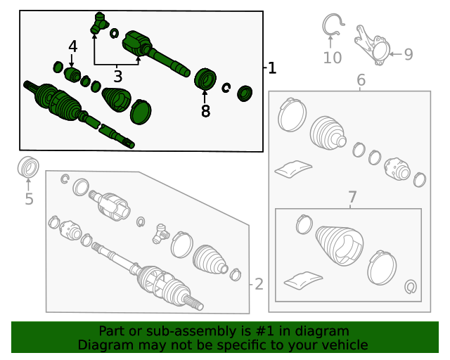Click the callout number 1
[272, 68]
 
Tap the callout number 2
[259, 284]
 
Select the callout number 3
[118, 77]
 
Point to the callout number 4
[73, 46]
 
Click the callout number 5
[29, 199]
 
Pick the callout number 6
[361, 79]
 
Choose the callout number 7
[352, 197]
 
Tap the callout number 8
[205, 111]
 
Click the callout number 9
[409, 54]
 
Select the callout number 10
[333, 58]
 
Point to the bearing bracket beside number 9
[372, 45]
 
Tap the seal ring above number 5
[28, 167]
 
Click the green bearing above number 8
[205, 79]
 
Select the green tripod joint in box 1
[99, 22]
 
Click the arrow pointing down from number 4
[72, 61]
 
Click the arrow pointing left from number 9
[395, 54]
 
